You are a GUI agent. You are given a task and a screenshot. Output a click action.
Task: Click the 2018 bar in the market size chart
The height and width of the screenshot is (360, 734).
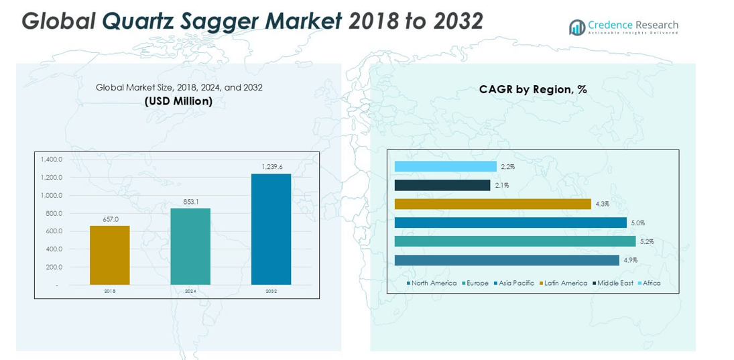[110, 255]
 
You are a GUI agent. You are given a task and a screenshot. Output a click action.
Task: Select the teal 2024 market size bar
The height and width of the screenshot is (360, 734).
[190, 246]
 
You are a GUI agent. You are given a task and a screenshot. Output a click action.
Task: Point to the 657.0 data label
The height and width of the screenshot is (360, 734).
[110, 219]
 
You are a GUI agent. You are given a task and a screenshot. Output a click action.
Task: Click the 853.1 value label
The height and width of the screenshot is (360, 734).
[190, 201]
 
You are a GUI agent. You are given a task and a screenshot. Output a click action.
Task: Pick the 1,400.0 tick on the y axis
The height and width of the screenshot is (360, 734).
[52, 160]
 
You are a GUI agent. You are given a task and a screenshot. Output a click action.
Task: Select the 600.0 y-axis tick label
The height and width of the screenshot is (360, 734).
[54, 231]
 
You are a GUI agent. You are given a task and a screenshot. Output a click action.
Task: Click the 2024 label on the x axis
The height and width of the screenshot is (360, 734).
[190, 291]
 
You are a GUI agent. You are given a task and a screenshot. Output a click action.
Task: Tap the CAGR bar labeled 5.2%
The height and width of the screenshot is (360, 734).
[515, 241]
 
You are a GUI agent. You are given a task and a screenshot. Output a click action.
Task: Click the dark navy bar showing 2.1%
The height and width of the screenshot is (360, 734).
[442, 185]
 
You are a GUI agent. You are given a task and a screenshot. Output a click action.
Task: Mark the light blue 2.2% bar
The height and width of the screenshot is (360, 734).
[445, 166]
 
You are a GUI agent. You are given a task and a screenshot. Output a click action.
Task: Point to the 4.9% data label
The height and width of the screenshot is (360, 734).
[630, 260]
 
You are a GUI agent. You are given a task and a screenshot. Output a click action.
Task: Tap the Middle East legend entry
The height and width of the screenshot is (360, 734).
[615, 283]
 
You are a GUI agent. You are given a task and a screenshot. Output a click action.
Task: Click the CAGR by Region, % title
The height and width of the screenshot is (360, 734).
[533, 89]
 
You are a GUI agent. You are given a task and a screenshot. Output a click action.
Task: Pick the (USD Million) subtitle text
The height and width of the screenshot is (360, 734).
[179, 101]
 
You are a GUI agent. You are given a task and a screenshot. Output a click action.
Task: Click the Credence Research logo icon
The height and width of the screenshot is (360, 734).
[576, 27]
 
